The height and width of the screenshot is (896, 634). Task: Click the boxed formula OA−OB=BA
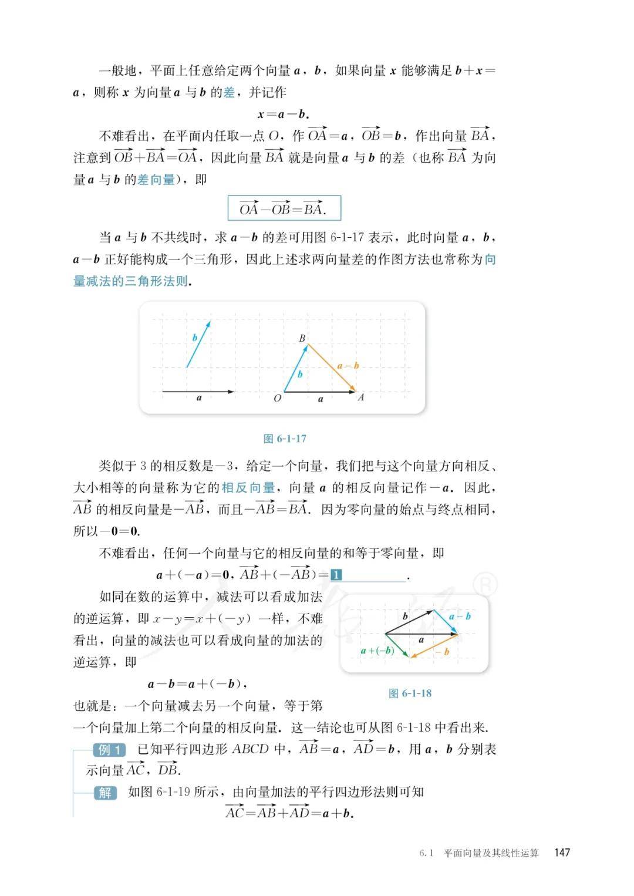(x=284, y=208)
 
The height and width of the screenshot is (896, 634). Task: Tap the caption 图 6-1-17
(x=285, y=439)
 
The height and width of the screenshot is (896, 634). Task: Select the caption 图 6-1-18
(x=410, y=693)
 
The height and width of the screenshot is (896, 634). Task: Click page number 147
(x=562, y=853)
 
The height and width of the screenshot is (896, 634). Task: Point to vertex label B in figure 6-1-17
(x=302, y=338)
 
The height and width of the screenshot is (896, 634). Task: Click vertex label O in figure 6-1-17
(x=278, y=398)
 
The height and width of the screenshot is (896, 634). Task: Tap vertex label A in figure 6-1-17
(x=360, y=398)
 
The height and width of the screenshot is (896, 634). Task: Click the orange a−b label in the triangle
(x=348, y=366)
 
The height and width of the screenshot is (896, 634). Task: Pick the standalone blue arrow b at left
(x=198, y=344)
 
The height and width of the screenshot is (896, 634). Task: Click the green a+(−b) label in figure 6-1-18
(x=377, y=651)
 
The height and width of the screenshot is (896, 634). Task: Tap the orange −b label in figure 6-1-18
(x=441, y=652)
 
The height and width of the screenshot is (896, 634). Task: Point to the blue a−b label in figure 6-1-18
(x=460, y=616)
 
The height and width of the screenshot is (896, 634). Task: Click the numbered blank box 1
(x=336, y=575)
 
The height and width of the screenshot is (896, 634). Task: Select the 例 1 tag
(x=109, y=750)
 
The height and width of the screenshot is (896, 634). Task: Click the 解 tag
(x=105, y=793)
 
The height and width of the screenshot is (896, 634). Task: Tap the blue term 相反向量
(x=248, y=488)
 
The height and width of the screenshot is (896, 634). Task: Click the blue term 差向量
(x=156, y=180)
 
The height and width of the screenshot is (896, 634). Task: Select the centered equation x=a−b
(x=284, y=114)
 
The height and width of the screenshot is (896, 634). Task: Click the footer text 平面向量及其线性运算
(x=491, y=853)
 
